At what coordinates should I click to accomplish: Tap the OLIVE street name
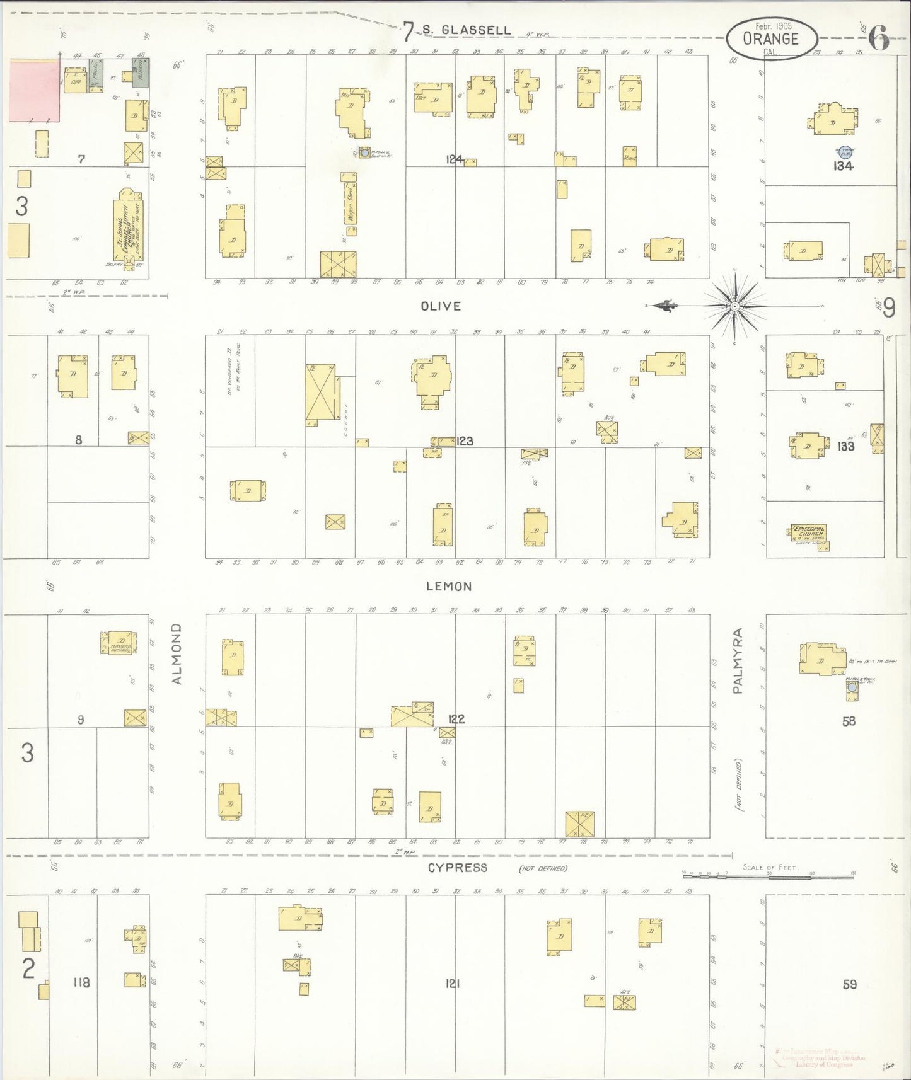tap(441, 306)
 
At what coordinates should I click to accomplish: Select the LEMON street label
tap(448, 587)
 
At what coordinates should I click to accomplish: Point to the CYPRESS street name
tap(457, 868)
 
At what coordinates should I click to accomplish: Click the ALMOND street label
tap(177, 653)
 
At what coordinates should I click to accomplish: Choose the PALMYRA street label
tap(738, 661)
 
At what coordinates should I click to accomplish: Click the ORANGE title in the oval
tap(770, 39)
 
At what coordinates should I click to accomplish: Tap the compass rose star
tap(734, 306)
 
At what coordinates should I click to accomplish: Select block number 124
tap(455, 159)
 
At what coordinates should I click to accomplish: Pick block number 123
tap(465, 441)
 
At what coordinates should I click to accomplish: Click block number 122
tap(456, 719)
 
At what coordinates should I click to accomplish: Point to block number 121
tap(453, 983)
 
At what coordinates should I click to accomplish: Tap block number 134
tap(843, 166)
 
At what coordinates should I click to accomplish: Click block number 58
tap(849, 721)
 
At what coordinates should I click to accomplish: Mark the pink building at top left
tap(34, 90)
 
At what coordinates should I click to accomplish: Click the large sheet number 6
tap(879, 39)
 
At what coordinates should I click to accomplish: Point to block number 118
tap(81, 982)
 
